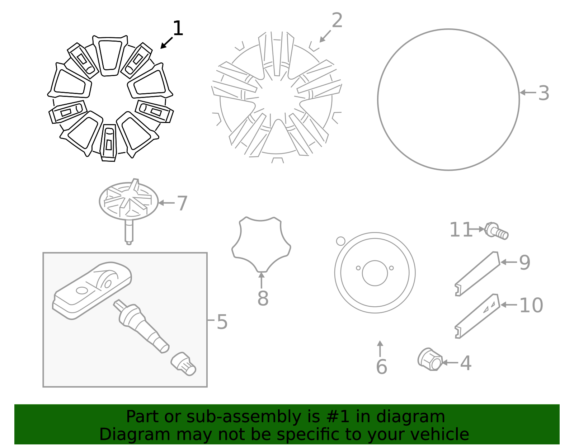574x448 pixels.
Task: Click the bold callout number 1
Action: pyautogui.click(x=178, y=28)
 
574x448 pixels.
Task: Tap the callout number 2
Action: pyautogui.click(x=337, y=20)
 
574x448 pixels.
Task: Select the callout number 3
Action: pyautogui.click(x=544, y=93)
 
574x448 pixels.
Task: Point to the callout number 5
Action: pyautogui.click(x=222, y=322)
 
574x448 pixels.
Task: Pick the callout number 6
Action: pyautogui.click(x=381, y=367)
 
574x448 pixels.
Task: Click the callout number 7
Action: pyautogui.click(x=182, y=203)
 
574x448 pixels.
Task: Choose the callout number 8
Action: pyautogui.click(x=263, y=298)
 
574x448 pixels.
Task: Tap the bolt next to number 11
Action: pyautogui.click(x=497, y=231)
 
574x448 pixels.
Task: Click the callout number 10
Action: pyautogui.click(x=531, y=306)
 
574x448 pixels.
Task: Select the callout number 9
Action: pyautogui.click(x=524, y=263)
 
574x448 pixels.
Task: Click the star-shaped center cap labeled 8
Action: pyautogui.click(x=261, y=245)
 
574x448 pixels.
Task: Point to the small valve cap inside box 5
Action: pyautogui.click(x=183, y=364)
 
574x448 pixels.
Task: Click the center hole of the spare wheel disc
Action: pyautogui.click(x=375, y=273)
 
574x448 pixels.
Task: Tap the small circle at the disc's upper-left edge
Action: pyautogui.click(x=340, y=241)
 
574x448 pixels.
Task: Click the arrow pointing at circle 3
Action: pyautogui.click(x=528, y=93)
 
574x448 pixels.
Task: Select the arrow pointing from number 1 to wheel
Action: pyautogui.click(x=166, y=43)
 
